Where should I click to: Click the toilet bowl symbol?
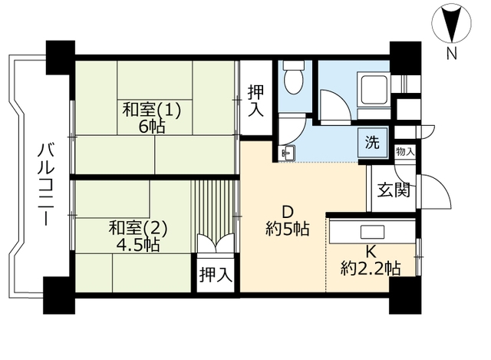293,77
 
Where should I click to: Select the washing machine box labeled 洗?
373,143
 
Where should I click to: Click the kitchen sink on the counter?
372,232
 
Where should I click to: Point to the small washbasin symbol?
287,153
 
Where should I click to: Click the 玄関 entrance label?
394,190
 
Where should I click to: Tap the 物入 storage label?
405,152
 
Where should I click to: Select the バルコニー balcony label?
46,184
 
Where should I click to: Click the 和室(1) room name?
152,111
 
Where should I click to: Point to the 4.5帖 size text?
138,245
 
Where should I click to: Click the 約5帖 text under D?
288,229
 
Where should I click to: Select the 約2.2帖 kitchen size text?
371,268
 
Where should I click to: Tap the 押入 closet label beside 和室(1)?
255,101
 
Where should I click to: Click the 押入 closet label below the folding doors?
216,275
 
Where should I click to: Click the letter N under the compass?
451,53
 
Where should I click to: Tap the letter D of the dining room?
288,213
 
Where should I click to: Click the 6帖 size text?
152,127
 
